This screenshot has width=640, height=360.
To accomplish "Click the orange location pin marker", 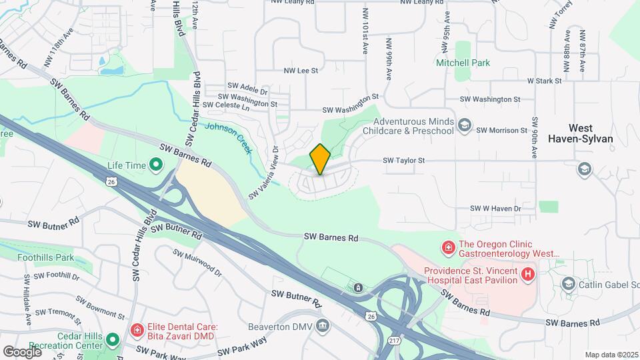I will click(x=320, y=159).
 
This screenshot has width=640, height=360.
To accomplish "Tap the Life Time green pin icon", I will click(x=155, y=163).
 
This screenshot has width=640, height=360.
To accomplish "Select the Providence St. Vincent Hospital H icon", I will click(x=528, y=274).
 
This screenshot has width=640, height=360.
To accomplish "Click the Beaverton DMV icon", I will click(x=323, y=326).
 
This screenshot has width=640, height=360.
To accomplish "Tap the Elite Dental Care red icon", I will click(x=137, y=329).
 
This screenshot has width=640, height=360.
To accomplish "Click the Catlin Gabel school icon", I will click(x=568, y=285).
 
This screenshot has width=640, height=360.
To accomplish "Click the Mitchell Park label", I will click(x=463, y=63).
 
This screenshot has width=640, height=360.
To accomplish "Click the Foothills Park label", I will click(x=45, y=257).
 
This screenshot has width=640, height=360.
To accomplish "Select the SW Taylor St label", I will click(x=403, y=161).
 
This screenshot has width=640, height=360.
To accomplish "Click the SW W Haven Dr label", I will click(x=495, y=209).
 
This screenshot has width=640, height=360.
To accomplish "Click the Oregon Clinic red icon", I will click(x=448, y=248).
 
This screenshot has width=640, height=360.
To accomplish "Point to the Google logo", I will click(x=22, y=351).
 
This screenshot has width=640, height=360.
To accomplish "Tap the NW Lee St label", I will click(x=301, y=70).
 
